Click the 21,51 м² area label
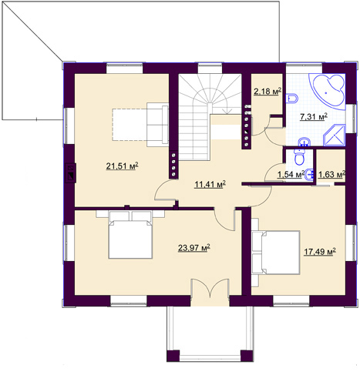click(x=123, y=166)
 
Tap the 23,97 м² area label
click(x=194, y=248)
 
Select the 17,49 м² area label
click(x=320, y=252)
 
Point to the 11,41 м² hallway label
click(x=210, y=184)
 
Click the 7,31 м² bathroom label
click(x=314, y=117)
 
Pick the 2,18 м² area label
click(x=267, y=92)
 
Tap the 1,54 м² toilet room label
click(x=291, y=175)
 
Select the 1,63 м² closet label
click(x=331, y=175)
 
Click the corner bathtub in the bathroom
click(x=328, y=92)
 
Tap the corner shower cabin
click(x=335, y=136)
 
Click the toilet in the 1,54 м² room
click(x=299, y=156)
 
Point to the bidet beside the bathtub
click(x=292, y=99)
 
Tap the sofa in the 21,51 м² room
click(x=157, y=125)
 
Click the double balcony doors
click(x=210, y=289)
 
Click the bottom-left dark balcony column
click(x=173, y=356)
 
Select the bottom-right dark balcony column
click(x=247, y=356)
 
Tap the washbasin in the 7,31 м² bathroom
click(x=304, y=142)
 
